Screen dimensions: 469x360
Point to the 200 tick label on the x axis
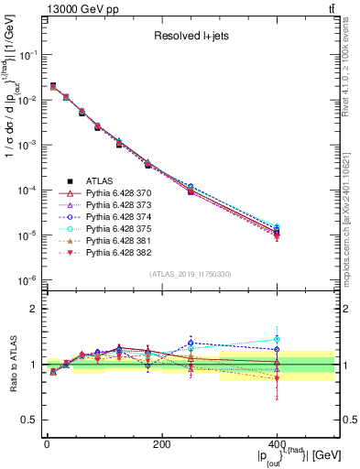click(x=161, y=444)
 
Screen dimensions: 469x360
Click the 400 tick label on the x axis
click(x=277, y=444)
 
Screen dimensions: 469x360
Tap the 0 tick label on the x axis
click(x=46, y=444)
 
